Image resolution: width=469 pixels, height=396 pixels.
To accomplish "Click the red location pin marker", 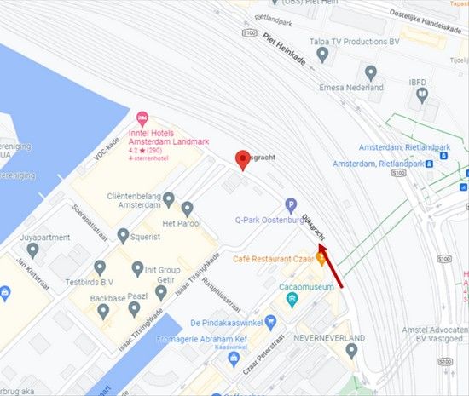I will tap(243, 159).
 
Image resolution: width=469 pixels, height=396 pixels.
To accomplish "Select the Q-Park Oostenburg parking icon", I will tap(291, 205).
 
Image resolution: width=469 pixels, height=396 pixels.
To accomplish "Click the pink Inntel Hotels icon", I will tap(143, 117).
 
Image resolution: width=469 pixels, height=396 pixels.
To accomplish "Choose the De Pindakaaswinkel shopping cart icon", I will tap(270, 323).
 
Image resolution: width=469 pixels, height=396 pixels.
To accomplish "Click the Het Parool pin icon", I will tap(187, 207).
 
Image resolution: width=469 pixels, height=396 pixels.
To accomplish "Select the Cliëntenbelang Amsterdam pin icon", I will tap(169, 199).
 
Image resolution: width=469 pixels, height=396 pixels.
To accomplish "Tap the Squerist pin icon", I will tap(123, 235).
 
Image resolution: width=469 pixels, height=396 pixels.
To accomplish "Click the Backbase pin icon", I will tap(103, 311).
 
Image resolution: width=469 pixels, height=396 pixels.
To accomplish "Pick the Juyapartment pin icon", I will tap(33, 250).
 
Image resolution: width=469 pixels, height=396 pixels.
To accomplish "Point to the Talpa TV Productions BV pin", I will tap(322, 55).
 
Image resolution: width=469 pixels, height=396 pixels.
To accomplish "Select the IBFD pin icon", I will tap(420, 95).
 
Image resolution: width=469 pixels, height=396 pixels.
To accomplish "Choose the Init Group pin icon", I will tap(138, 269).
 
